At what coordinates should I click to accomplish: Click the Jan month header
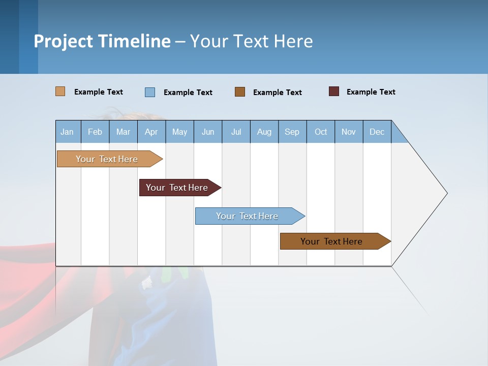click(x=68, y=132)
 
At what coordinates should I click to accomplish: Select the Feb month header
click(x=95, y=132)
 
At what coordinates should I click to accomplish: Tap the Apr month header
click(x=151, y=132)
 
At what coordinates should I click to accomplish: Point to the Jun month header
click(x=208, y=132)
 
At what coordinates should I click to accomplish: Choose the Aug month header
click(x=264, y=132)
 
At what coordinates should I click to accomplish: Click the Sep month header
click(x=292, y=132)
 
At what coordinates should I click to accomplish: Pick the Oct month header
click(x=321, y=132)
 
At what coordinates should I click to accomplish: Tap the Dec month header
click(x=377, y=132)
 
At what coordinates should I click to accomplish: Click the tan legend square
click(x=60, y=91)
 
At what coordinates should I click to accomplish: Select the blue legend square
click(x=150, y=92)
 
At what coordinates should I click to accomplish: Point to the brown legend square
click(x=240, y=92)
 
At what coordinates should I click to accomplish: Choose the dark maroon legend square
click(x=334, y=91)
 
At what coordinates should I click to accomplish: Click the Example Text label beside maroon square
click(x=371, y=92)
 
